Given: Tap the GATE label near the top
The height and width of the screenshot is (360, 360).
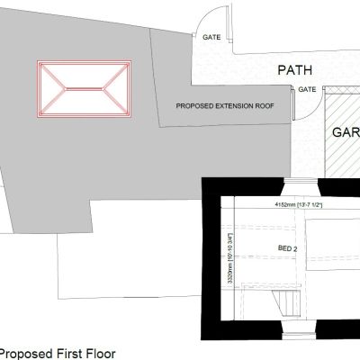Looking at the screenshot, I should [x=212, y=38].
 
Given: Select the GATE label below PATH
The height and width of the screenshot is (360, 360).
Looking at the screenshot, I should [x=307, y=89].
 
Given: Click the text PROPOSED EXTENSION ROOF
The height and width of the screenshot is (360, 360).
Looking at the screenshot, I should [x=225, y=105].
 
